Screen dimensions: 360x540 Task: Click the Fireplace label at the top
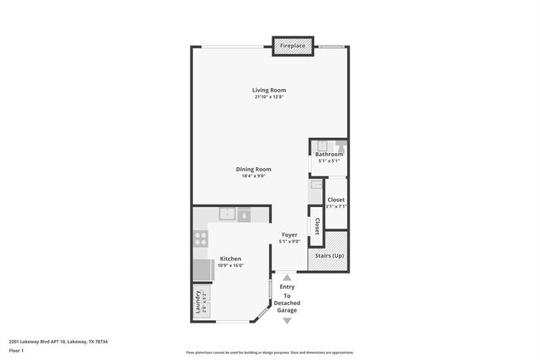(x=292, y=45)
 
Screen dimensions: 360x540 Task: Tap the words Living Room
(x=269, y=90)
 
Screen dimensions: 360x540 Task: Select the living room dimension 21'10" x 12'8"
(x=269, y=97)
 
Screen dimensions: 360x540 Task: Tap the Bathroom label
(x=329, y=155)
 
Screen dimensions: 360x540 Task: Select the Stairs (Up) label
(x=327, y=255)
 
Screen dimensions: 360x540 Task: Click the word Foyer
(x=289, y=234)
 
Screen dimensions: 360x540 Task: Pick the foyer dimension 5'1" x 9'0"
(x=289, y=242)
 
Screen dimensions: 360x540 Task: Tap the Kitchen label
(x=230, y=259)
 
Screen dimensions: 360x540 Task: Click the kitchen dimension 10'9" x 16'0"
(x=230, y=265)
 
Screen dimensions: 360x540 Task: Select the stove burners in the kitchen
(x=200, y=237)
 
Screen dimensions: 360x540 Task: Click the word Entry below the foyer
(x=287, y=287)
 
